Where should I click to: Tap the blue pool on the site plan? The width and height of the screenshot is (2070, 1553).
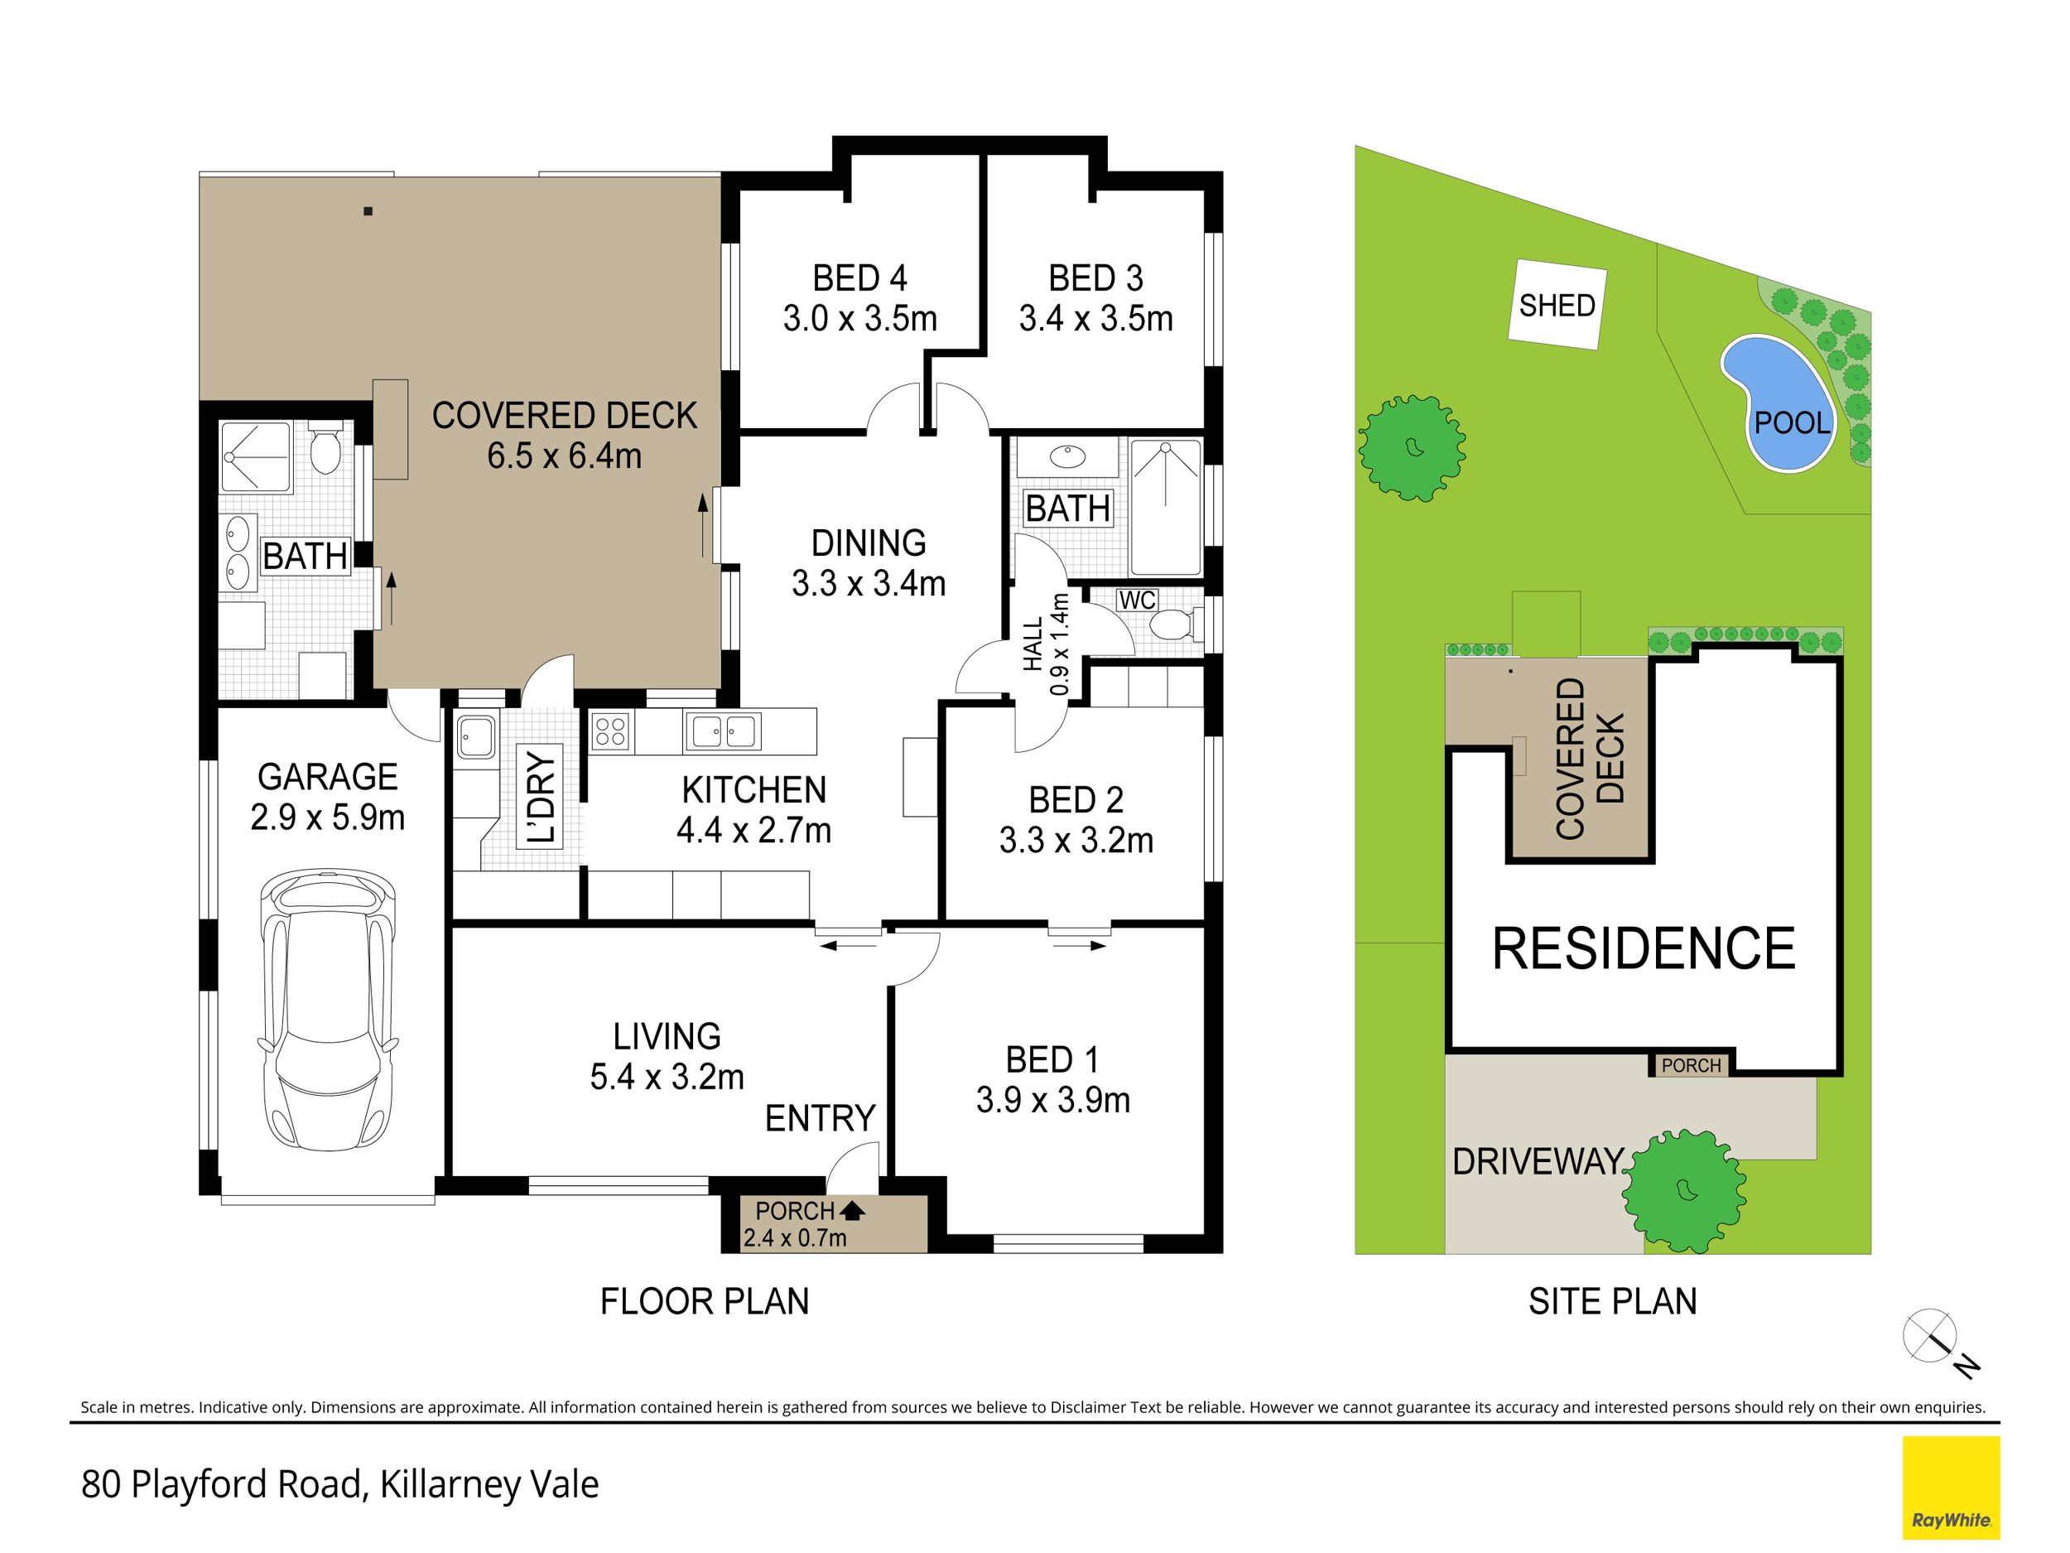pyautogui.click(x=1775, y=403)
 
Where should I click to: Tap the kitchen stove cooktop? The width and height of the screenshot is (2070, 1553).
pyautogui.click(x=611, y=731)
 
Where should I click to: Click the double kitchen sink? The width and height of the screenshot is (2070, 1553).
pyautogui.click(x=723, y=731)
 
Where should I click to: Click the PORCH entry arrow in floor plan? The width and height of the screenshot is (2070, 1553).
pyautogui.click(x=851, y=1210)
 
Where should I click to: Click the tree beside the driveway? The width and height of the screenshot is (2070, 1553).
pyautogui.click(x=1683, y=1192)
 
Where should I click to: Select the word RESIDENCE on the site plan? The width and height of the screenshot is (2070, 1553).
pyautogui.click(x=1644, y=948)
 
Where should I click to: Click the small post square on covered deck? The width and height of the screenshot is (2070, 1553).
pyautogui.click(x=368, y=211)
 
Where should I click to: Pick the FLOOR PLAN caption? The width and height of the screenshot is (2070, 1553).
pyautogui.click(x=704, y=1301)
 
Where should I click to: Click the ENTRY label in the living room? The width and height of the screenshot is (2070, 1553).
pyautogui.click(x=820, y=1117)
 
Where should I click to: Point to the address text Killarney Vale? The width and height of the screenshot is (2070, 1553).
pyautogui.click(x=489, y=1483)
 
